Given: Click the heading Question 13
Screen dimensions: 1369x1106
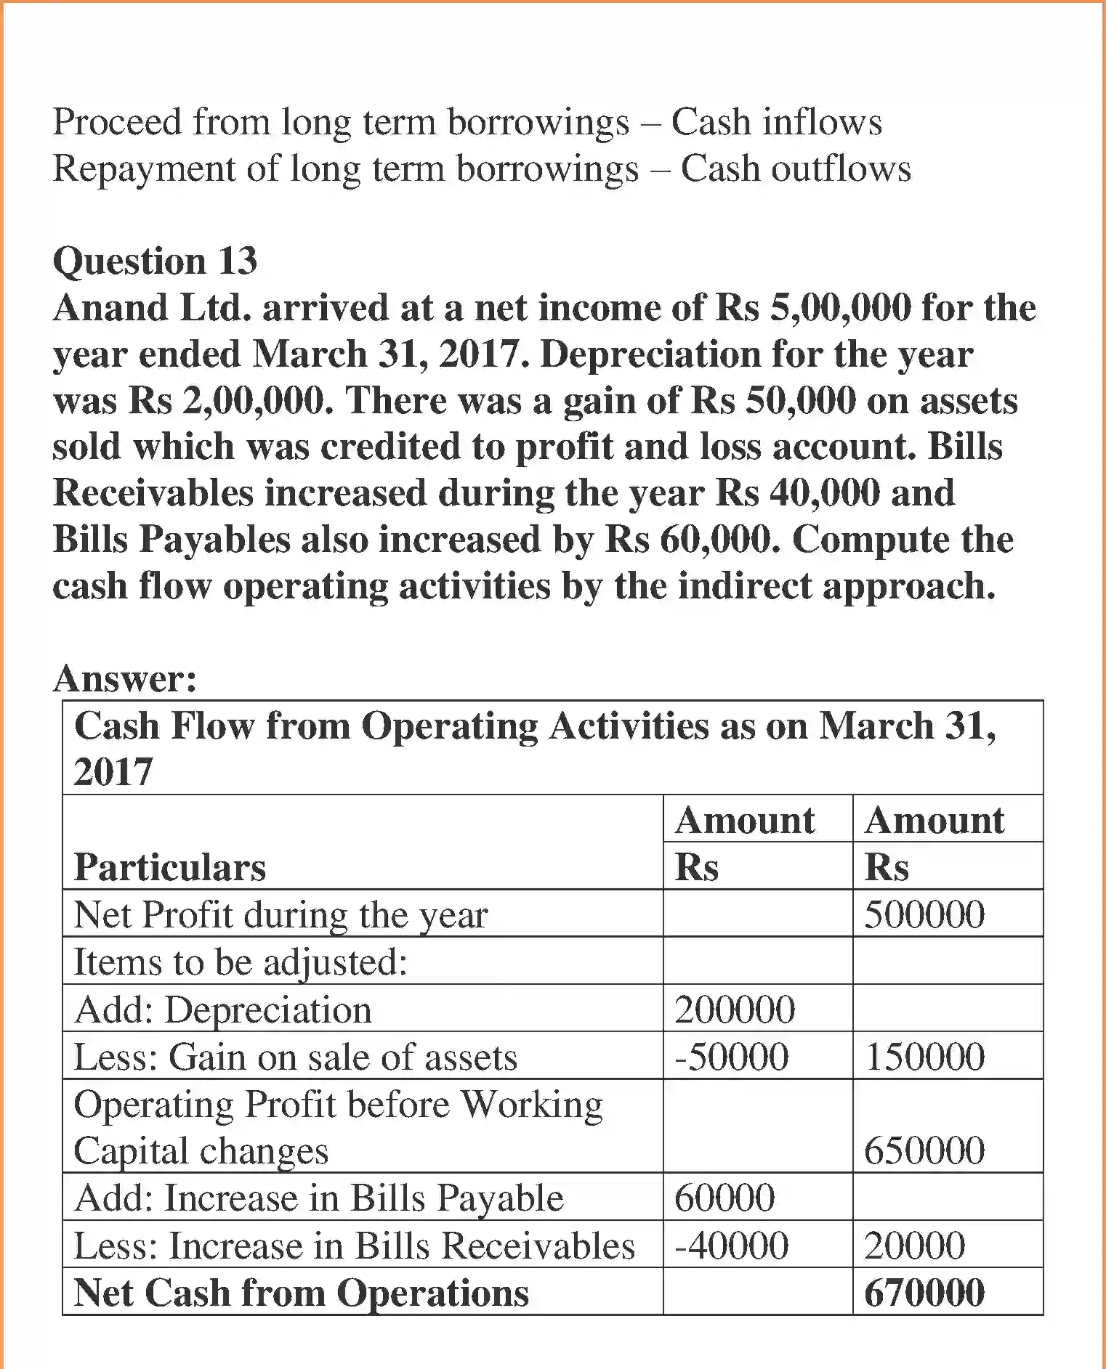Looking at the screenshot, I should coord(155,261).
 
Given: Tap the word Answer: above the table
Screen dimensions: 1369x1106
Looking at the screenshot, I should coord(125,679).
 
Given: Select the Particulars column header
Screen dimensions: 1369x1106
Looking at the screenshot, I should coord(170,867).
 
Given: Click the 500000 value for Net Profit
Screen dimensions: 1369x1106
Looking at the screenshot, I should coord(924,914).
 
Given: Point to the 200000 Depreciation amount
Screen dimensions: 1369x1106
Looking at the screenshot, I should coord(735,1010).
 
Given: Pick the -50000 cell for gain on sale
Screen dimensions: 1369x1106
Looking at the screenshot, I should coord(731,1057).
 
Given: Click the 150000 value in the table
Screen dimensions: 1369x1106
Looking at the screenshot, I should coord(924,1057).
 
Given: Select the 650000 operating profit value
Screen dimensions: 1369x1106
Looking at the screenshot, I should coord(924,1150).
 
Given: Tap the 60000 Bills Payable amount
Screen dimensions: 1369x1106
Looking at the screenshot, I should coord(724,1198).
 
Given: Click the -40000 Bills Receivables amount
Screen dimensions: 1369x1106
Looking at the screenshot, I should coord(731,1246).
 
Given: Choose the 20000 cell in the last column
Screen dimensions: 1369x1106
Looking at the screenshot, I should coord(914,1246).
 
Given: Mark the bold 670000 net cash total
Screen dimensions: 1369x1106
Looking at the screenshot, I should coord(924,1293).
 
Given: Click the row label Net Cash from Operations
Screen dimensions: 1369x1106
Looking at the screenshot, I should coord(302,1293).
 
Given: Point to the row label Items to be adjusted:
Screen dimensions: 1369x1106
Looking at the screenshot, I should coord(241,962).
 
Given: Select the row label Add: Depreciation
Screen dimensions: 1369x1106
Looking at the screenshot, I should coord(223,1010).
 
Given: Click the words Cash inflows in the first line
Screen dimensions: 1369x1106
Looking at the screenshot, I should coord(776,121).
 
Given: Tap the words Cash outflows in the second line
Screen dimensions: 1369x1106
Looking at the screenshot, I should coord(795,168).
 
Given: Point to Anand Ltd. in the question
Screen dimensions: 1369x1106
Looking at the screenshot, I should coord(151,308).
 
